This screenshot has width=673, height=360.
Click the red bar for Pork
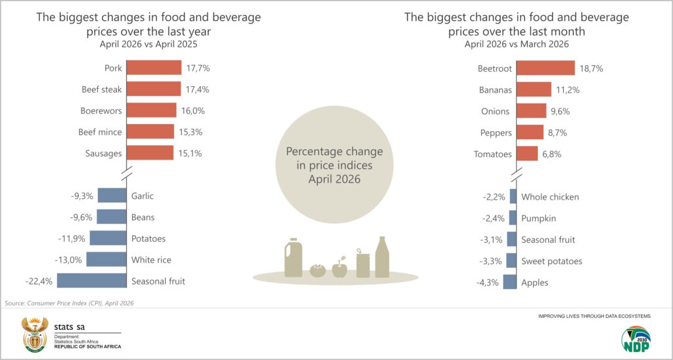(154, 68)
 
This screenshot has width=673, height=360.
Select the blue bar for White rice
(106, 259)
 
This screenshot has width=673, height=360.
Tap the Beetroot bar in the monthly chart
(545, 68)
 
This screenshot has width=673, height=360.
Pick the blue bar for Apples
(509, 282)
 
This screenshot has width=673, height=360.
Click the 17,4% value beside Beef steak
(198, 90)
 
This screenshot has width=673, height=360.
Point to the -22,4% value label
(39, 281)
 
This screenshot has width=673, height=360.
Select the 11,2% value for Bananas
(568, 90)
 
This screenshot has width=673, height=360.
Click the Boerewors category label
(101, 111)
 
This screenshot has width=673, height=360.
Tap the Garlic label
(143, 196)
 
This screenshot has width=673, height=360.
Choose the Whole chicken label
(550, 197)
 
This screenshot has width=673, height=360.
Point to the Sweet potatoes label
(552, 261)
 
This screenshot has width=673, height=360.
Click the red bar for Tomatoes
(527, 154)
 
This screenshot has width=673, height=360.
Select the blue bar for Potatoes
(108, 238)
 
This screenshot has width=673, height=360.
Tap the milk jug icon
(294, 258)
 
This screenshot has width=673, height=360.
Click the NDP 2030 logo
(636, 339)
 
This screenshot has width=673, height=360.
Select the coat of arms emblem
(35, 334)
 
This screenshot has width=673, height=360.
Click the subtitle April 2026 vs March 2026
(517, 44)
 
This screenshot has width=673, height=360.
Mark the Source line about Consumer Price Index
(69, 304)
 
